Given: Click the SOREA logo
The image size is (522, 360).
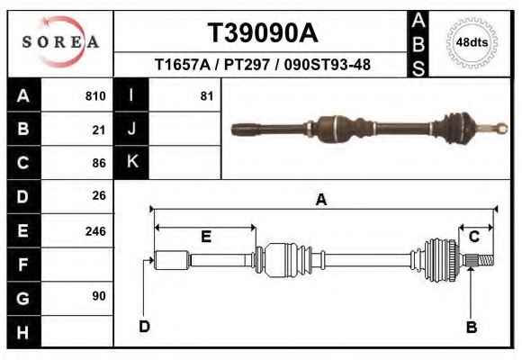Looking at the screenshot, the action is click(x=60, y=42).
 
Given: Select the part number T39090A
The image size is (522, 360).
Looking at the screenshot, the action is click(x=263, y=33).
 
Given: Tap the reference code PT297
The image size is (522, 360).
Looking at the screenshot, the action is click(x=247, y=65).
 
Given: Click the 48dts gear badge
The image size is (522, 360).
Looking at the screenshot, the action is click(x=472, y=42).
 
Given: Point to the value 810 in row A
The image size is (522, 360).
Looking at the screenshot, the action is click(x=95, y=96).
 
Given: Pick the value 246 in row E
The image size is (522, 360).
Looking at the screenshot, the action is click(x=95, y=231).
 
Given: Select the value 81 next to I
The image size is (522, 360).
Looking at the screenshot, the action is click(x=207, y=96).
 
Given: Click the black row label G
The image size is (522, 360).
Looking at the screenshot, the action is click(x=23, y=298).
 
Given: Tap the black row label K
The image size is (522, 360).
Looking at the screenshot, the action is click(x=131, y=162).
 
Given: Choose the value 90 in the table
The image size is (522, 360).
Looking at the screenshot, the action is click(x=99, y=296).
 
